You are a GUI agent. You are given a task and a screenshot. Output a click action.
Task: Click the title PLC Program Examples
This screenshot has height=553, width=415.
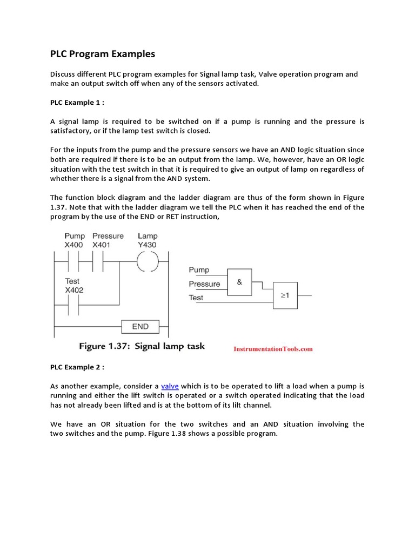click(x=103, y=54)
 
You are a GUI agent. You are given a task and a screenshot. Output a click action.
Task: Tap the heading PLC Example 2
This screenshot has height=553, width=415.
click(x=77, y=367)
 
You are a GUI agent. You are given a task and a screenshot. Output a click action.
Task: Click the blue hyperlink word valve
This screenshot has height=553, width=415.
click(x=170, y=386)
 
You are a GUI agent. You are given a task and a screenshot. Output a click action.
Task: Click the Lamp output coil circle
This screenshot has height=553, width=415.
click(x=146, y=262)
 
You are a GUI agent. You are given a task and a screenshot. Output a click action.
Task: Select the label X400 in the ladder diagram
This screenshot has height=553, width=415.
click(x=75, y=245)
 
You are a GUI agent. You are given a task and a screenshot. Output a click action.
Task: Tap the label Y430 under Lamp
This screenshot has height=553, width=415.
click(x=148, y=245)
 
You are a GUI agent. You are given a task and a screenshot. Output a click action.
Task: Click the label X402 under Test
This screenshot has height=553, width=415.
click(x=75, y=290)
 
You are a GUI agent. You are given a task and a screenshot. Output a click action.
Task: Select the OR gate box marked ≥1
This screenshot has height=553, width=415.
click(x=285, y=296)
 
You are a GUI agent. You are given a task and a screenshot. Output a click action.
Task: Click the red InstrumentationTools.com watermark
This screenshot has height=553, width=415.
click(x=273, y=349)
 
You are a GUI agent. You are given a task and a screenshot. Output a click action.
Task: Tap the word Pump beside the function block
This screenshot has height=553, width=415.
click(x=199, y=270)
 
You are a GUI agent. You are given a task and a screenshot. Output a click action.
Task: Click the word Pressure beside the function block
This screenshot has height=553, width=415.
click(x=204, y=284)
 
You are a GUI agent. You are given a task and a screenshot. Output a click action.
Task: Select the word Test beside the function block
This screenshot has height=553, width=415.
click(x=196, y=298)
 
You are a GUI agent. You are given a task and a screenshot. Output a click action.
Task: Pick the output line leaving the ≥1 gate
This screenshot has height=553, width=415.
click(x=305, y=296)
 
